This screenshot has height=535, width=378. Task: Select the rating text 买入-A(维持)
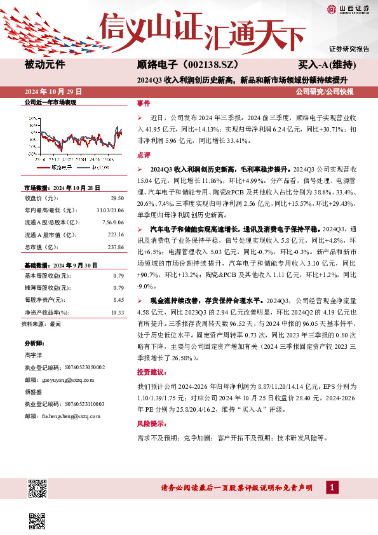click(x=327, y=64)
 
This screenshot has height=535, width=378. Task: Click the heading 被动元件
click(x=44, y=64)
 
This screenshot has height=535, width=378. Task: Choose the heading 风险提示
click(x=150, y=423)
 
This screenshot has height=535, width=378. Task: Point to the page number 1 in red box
click(x=331, y=487)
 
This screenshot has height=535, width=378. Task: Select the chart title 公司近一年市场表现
click(x=50, y=102)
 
